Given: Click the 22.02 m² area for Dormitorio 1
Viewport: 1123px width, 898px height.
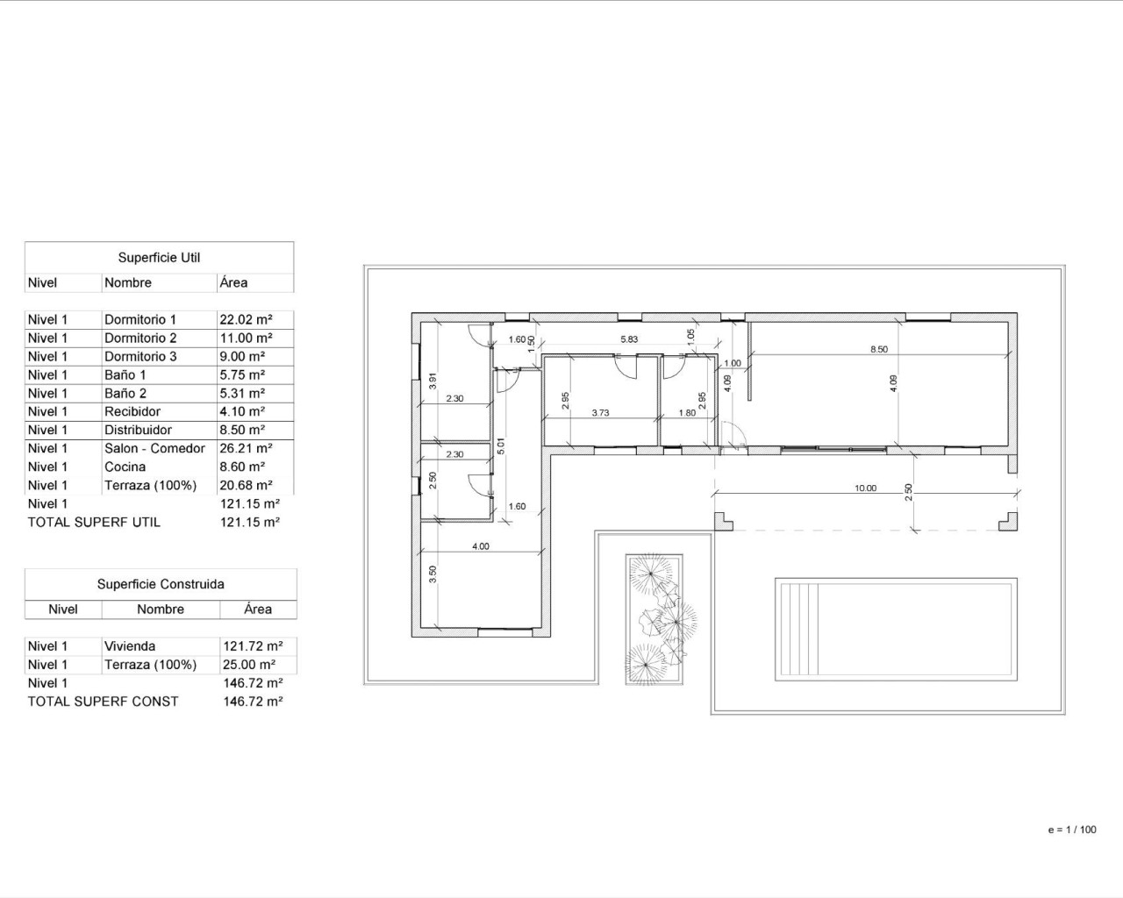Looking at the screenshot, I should tap(246, 320).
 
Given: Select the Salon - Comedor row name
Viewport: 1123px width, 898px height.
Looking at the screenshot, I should tap(154, 448).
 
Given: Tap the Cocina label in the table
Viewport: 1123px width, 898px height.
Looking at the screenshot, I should tap(125, 467).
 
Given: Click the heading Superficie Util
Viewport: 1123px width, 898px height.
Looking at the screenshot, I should tap(159, 258).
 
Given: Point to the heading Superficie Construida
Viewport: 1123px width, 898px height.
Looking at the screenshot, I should tap(161, 584).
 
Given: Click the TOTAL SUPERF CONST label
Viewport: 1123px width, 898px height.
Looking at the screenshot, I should tap(103, 702).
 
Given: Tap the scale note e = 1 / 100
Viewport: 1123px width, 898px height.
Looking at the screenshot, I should tap(1071, 830).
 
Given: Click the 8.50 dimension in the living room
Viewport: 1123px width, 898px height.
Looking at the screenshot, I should tap(878, 349).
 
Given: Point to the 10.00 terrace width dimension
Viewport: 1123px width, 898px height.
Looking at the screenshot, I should tap(865, 488).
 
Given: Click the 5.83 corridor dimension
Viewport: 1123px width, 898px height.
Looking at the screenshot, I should tap(629, 339).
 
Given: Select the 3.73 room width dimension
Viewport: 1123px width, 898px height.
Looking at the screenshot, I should tap(600, 412).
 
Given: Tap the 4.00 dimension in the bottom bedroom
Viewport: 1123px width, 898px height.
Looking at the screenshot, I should tap(481, 546).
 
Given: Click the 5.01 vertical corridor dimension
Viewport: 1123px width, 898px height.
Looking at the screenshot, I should tap(501, 445).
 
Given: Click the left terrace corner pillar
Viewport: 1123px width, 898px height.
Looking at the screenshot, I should tap(723, 522).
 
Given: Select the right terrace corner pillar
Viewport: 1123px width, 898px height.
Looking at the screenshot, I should tap(1008, 522).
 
